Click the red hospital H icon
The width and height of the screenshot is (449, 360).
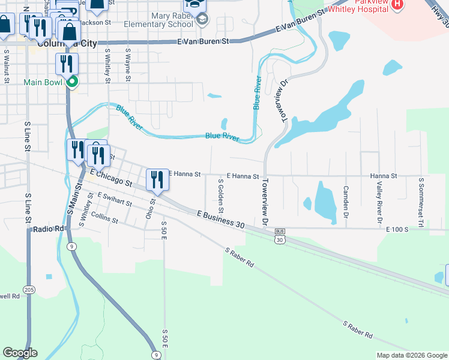[397, 4]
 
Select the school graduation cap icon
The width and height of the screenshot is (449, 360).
[202, 22]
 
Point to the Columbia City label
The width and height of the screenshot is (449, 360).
[58, 44]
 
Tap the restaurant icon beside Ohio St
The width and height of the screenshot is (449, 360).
[157, 179]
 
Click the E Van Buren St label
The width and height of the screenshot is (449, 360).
[204, 41]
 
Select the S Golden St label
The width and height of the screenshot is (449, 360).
[221, 196]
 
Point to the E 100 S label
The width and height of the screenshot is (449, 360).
[397, 229]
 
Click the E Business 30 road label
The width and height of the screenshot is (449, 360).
[220, 220]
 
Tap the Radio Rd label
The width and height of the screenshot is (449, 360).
[49, 229]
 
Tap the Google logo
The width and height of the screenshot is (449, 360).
[20, 353]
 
